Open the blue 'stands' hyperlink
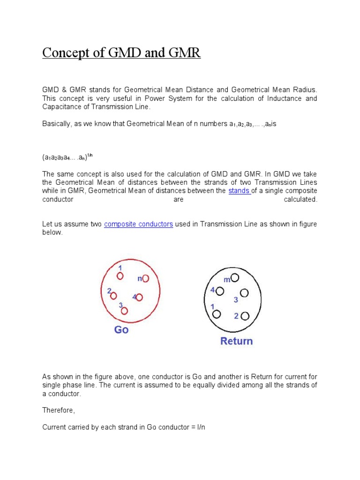click(x=239, y=191)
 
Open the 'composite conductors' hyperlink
click(x=138, y=225)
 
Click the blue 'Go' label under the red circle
click(x=121, y=330)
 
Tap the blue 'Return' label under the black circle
click(x=236, y=341)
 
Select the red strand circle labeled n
click(x=145, y=278)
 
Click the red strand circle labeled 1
click(x=120, y=276)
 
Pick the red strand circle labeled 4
click(x=140, y=297)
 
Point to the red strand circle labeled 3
click(x=124, y=310)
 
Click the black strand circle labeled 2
click(x=244, y=316)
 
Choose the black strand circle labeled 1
click(x=216, y=314)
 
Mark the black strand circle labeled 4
click(x=220, y=292)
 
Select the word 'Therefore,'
click(x=59, y=411)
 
